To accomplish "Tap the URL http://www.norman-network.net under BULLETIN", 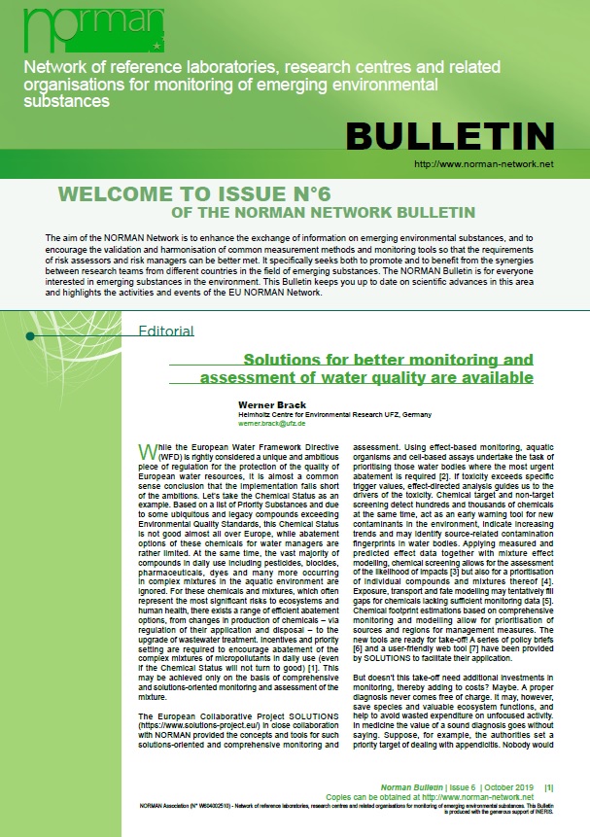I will click(483, 165).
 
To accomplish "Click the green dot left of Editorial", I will click(30, 336).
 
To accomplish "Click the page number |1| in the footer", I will click(548, 785).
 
